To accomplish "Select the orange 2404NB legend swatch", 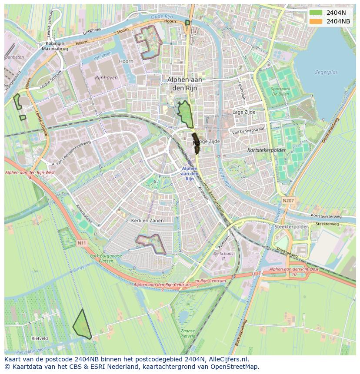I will [316, 21].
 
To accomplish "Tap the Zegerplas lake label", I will [326, 73].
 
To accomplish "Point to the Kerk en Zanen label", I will [147, 221].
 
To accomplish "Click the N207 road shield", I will [288, 200].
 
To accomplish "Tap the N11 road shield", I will [82, 243].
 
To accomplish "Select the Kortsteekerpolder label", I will [267, 149].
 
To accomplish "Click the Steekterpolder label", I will [291, 227].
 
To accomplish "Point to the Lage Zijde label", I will [244, 112].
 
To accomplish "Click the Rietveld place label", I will [40, 338].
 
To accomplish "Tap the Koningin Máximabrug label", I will [53, 46].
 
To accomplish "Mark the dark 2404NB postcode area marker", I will [197, 143].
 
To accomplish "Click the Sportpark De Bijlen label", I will [280, 91].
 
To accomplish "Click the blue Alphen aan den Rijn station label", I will [190, 173].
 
